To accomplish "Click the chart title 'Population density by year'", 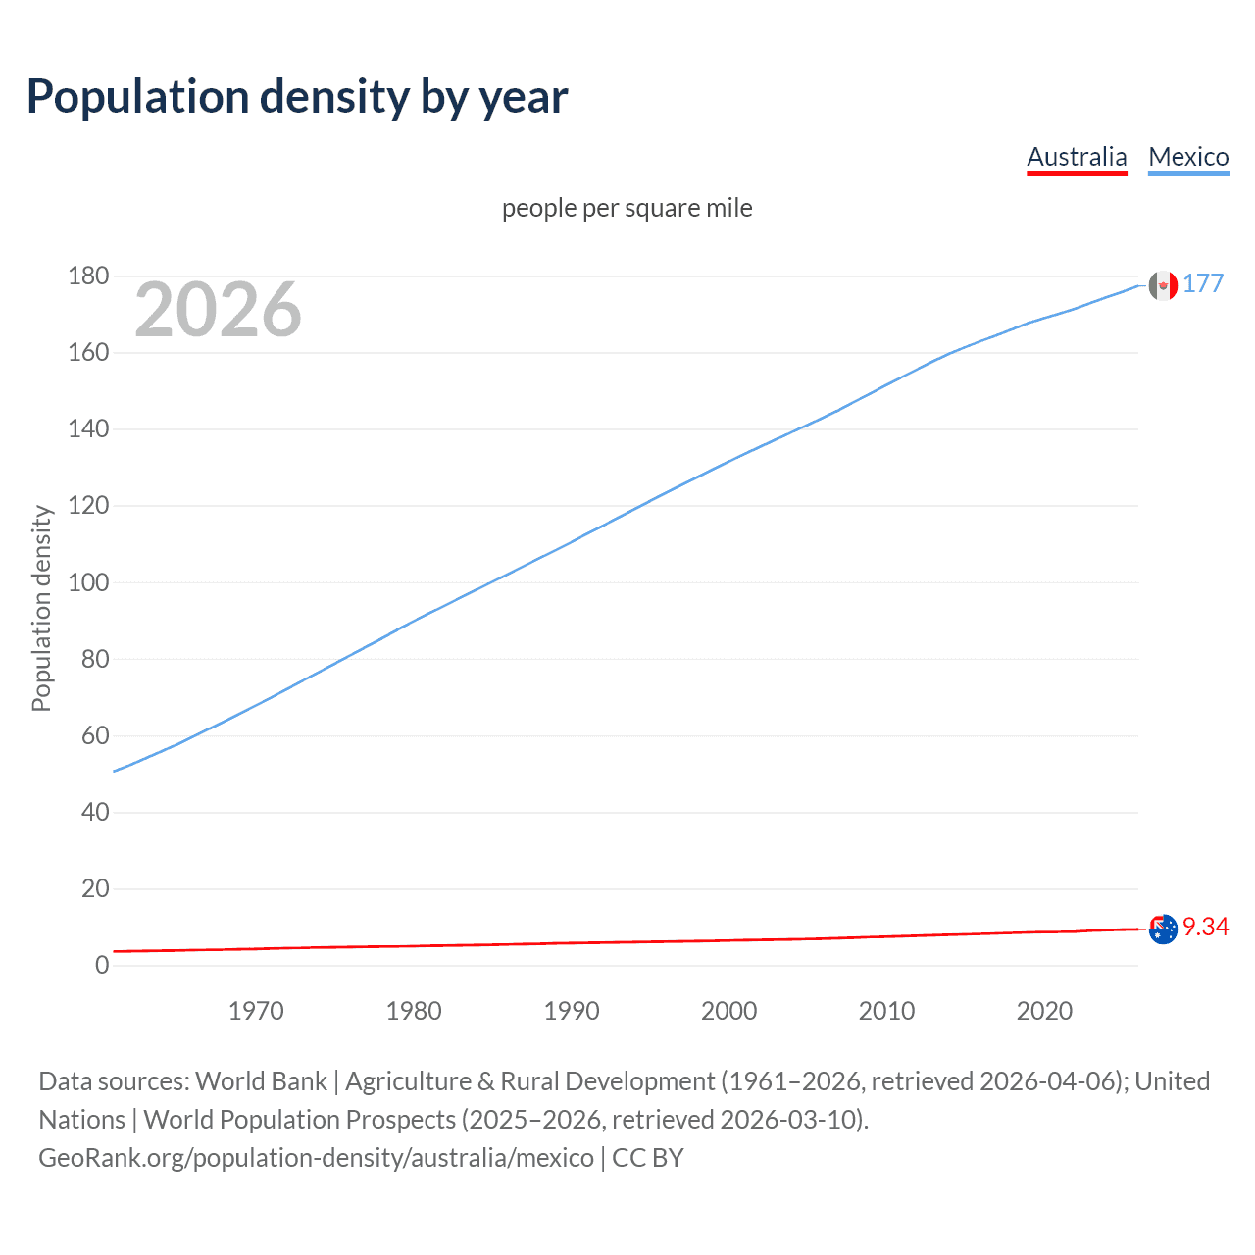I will point(297,96).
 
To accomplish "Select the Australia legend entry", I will point(1077,157).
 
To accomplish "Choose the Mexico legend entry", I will point(1188,157).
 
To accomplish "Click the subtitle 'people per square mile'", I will point(627,208).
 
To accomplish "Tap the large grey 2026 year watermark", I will point(218,310).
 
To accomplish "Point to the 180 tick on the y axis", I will point(88,276).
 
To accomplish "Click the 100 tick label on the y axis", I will point(88,582).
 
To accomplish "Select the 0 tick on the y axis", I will point(102,966).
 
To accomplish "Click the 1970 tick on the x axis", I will point(256,1011).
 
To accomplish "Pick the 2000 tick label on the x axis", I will point(728,1011).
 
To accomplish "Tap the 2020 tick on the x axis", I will point(1044,1011).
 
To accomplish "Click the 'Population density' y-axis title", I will point(41,608).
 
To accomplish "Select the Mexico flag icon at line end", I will point(1163,285).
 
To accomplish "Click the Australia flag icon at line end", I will point(1163,929).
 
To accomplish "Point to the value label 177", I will point(1203,283).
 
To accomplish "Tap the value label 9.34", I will point(1205,927).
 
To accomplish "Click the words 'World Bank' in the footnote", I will point(261,1080).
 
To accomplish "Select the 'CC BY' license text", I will point(647,1157).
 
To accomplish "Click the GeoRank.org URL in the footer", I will point(316,1157).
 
